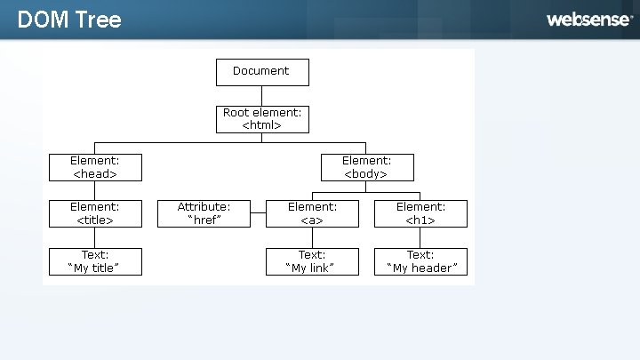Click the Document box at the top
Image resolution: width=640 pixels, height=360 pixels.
pos(262,72)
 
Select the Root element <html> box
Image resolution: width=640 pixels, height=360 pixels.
pos(262,119)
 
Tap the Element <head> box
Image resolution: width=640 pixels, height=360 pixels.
pos(95,167)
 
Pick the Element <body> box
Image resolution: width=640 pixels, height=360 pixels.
pos(367,167)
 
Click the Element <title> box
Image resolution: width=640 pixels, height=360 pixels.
pos(95,213)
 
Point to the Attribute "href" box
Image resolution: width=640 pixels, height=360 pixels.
pos(204,213)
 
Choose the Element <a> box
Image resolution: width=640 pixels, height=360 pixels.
pos(312,213)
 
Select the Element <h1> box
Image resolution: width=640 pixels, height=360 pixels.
pos(420,213)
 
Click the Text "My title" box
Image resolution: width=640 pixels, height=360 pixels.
pos(95,261)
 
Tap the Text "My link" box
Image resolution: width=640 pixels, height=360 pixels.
pos(312,261)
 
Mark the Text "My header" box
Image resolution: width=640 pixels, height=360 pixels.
pos(420,261)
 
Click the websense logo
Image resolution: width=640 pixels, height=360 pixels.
pos(590,20)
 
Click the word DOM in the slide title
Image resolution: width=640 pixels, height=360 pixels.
pos(43,20)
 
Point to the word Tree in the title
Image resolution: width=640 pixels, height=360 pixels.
pos(99,20)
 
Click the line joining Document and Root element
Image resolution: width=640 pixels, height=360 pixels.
pos(261,96)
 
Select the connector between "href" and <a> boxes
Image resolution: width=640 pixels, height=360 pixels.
pos(258,212)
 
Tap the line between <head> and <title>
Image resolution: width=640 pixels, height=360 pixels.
pos(95,190)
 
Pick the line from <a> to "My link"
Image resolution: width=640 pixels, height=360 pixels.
pos(312,237)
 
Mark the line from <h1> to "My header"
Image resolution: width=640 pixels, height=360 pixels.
pos(420,237)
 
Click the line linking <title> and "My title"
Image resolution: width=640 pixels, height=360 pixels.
pos(95,237)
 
